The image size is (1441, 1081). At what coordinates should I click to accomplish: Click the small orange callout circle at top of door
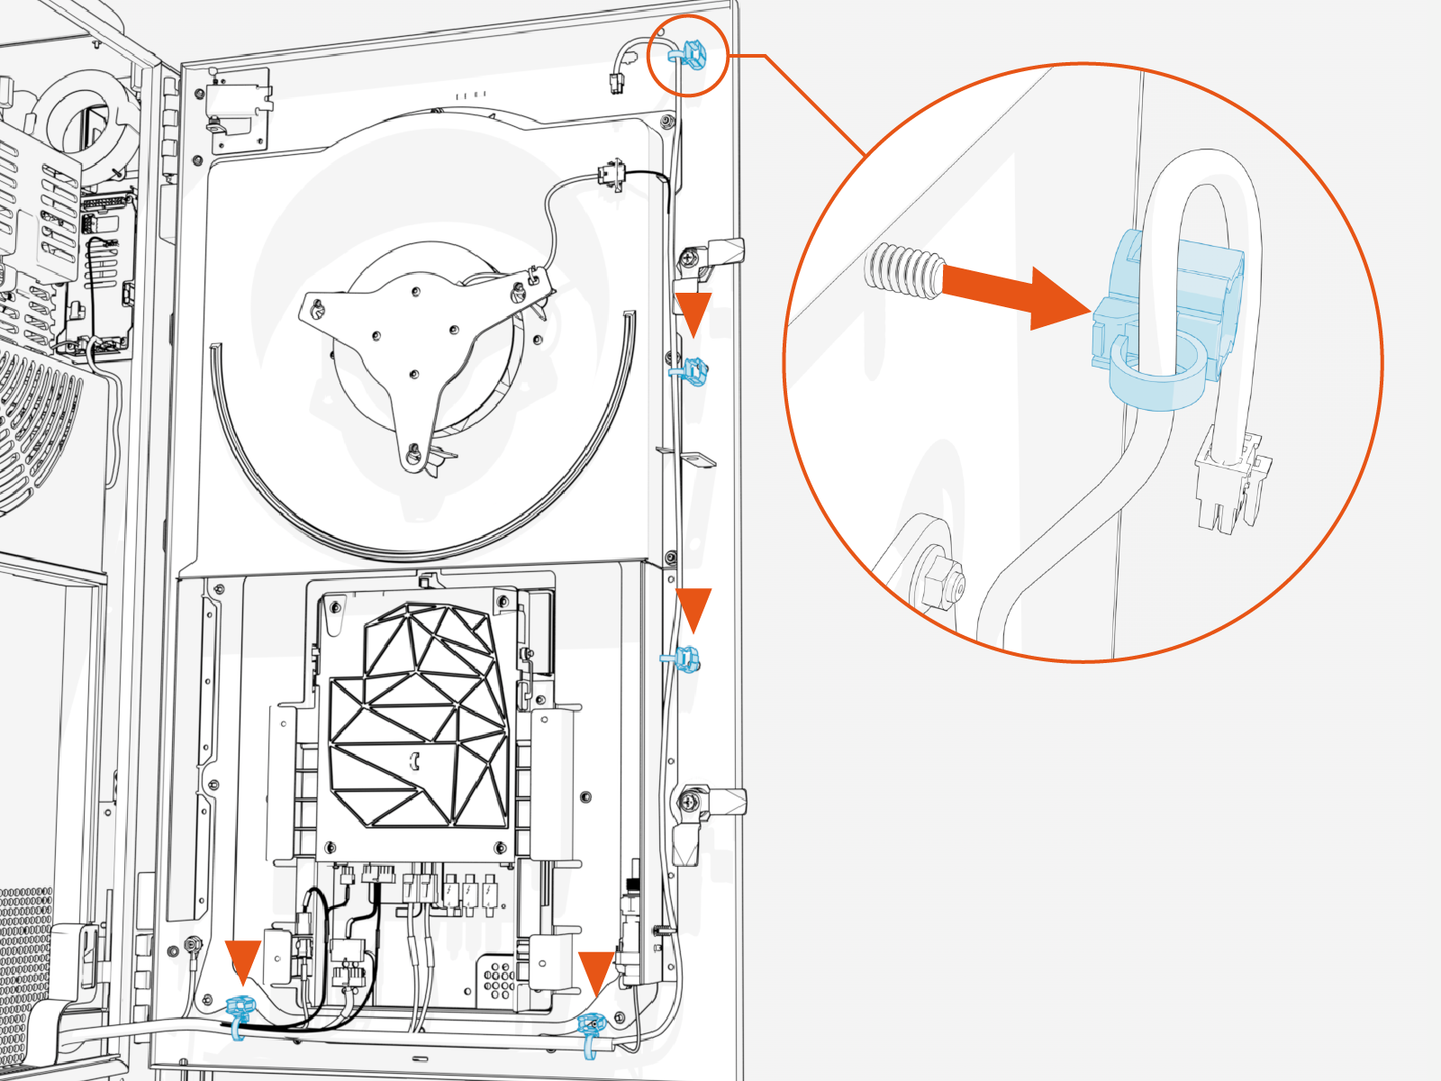tap(688, 57)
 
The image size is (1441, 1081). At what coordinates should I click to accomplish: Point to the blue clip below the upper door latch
tap(691, 370)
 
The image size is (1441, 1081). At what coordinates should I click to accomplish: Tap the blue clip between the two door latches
tap(686, 659)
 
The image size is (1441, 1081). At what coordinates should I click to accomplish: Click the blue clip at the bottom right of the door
tap(591, 1026)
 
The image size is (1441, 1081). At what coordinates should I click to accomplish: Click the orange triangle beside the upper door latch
tap(693, 311)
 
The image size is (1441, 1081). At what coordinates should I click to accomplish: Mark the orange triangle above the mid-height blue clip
tap(693, 608)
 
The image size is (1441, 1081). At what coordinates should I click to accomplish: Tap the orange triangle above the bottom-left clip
tap(242, 959)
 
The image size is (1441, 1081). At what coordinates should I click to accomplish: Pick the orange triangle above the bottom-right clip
tap(595, 970)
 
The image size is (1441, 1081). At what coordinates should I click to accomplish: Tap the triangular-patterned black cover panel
tap(419, 721)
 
